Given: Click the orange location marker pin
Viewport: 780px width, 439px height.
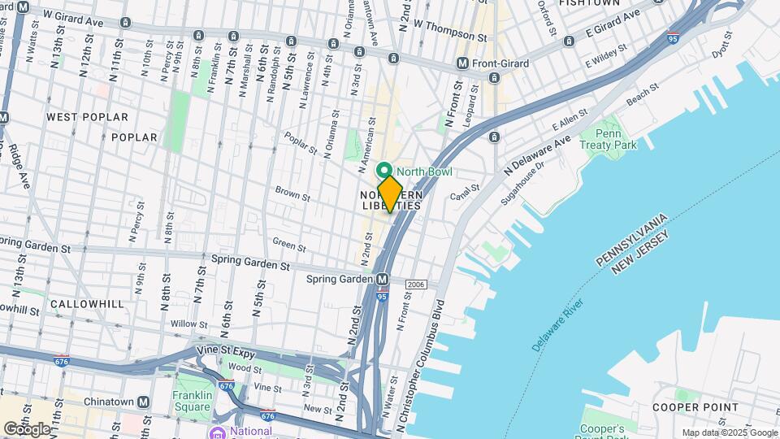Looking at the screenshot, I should click(x=390, y=194).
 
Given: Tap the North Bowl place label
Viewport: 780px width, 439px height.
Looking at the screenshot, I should click(x=424, y=172).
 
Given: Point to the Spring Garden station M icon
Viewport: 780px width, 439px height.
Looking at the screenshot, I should click(x=381, y=279).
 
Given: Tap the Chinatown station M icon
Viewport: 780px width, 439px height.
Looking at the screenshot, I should click(x=144, y=402).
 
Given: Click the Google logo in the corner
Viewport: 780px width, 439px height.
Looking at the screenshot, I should click(x=26, y=428).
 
